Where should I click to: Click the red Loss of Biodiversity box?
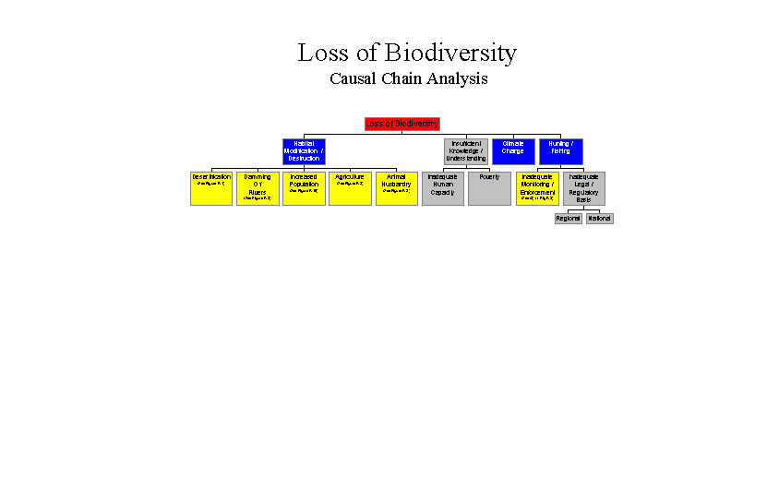(402, 124)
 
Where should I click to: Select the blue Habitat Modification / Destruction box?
(304, 151)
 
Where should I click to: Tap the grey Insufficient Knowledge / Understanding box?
(466, 151)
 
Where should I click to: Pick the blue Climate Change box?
(513, 151)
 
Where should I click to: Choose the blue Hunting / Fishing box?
(561, 151)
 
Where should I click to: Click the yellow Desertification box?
(211, 188)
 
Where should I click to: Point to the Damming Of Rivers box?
(258, 188)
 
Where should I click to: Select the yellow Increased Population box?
(304, 188)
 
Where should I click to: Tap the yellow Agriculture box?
(350, 188)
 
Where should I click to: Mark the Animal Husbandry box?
(397, 188)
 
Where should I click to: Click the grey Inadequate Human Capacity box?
(443, 188)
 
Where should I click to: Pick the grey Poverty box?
(489, 188)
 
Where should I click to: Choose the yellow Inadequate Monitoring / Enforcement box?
(537, 188)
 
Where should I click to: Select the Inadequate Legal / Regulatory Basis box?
(584, 188)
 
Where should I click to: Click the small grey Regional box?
(569, 219)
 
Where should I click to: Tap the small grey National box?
(600, 219)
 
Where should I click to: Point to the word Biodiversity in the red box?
(416, 124)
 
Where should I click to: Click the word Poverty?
(489, 176)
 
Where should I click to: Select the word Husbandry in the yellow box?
(397, 184)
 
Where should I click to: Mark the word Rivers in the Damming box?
(258, 192)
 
